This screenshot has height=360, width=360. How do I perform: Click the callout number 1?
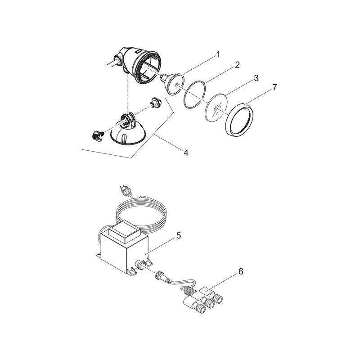(218, 55)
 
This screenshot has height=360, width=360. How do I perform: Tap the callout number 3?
(256, 78)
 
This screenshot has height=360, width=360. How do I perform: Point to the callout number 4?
(185, 153)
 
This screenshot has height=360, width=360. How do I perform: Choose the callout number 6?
(241, 271)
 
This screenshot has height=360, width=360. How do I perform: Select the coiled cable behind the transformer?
(148, 211)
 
